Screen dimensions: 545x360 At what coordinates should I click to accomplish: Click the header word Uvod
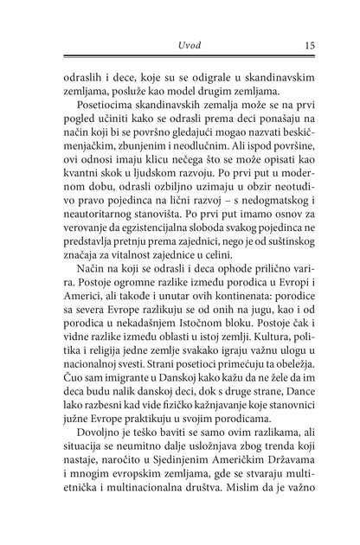pos(179,44)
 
